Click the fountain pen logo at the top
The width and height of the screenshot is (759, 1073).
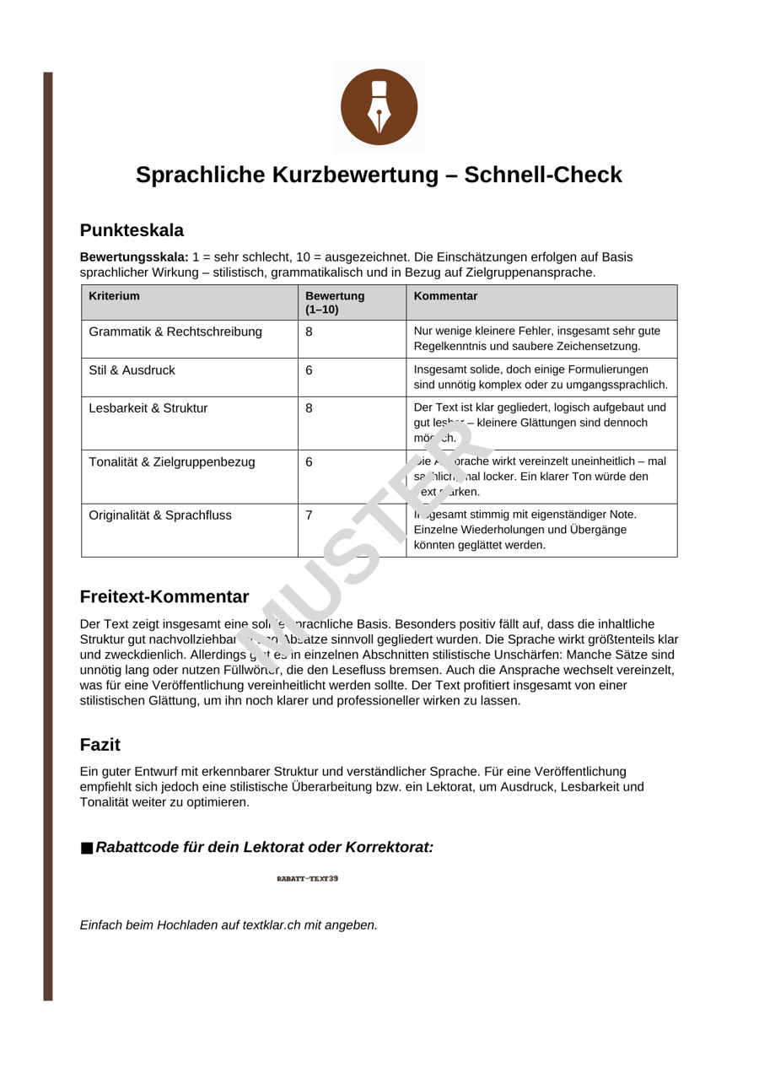pos(379,106)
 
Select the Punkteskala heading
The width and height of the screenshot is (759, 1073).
pos(132,230)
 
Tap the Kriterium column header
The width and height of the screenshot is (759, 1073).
pos(114,296)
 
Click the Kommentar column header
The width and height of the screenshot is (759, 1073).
pos(445,296)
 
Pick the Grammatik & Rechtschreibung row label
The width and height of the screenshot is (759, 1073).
pos(175,332)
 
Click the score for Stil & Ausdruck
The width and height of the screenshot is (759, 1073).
pos(309,370)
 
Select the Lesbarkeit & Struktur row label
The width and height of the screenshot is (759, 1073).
pos(148,408)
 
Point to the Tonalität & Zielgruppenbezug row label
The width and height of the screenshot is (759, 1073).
pos(172,462)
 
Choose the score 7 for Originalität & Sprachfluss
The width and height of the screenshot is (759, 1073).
pos(309,515)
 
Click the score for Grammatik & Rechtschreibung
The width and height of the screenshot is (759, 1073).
pos(309,332)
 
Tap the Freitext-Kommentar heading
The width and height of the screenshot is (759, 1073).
pos(164,597)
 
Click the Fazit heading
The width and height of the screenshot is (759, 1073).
pos(100,745)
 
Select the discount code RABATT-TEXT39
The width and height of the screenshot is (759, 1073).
pos(308,879)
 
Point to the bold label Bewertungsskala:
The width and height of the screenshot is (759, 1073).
pos(134,256)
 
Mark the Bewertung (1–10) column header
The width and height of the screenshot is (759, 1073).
pos(335,302)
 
